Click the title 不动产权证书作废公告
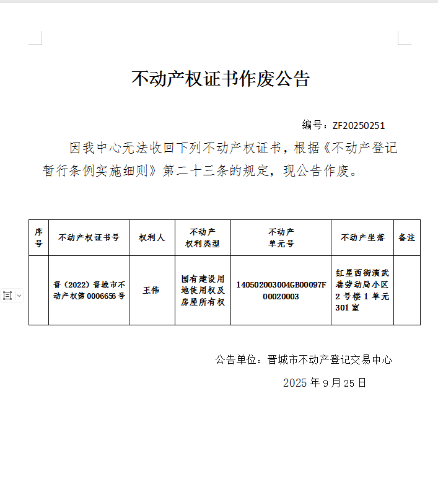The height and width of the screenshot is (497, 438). pos(220,79)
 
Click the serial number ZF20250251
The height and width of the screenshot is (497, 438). pos(359,126)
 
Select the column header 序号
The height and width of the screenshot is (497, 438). pos(38,238)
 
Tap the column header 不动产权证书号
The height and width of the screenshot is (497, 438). pos(89,238)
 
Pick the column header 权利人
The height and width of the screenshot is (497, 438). pos(152,238)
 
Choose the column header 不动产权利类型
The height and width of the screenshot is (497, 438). pos(203,238)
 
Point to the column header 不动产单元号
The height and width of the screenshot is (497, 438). pos(281,238)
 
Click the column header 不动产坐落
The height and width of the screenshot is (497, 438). pos(362,238)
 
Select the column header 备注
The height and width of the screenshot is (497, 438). pos(406,238)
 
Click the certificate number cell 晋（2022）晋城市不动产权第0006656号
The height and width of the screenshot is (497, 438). pos(89,290)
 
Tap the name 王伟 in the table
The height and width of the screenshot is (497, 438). pos(152,290)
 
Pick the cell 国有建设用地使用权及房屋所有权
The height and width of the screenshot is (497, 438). pos(203,291)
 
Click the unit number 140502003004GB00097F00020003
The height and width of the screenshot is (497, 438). pos(281,290)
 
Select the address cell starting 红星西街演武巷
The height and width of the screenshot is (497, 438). pos(362,290)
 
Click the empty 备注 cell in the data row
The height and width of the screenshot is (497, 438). pos(406,290)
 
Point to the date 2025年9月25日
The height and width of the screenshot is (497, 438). pos(325,383)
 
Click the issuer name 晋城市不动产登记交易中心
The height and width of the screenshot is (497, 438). pos(329,360)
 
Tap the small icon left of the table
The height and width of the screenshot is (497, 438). pos(8,296)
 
